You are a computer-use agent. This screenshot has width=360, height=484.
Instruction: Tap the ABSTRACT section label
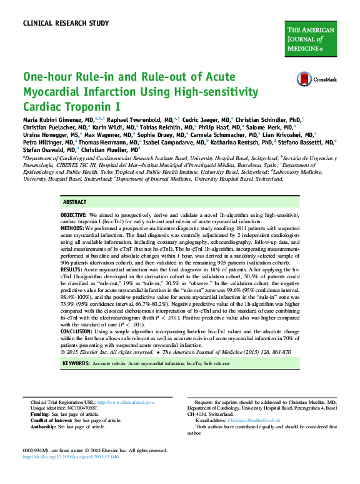coord(75,203)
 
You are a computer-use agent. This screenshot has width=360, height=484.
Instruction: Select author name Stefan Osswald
coord(42,150)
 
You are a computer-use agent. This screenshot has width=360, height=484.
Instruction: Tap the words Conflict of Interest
coord(52,420)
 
